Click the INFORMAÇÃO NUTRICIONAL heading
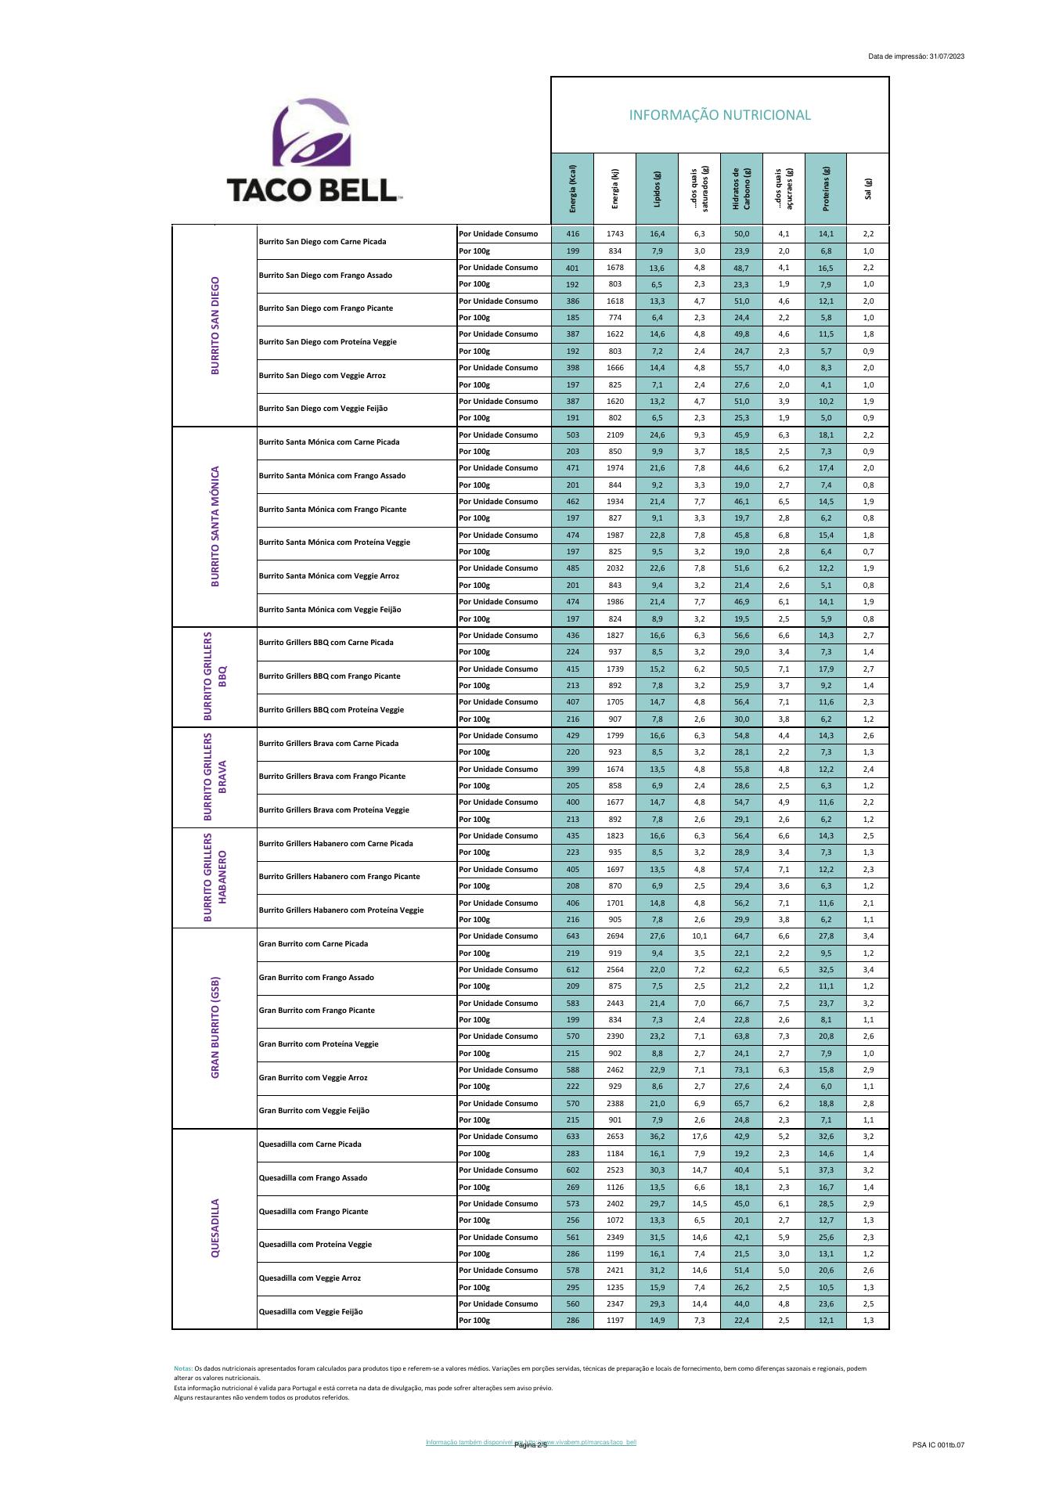719,116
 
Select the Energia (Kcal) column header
573,188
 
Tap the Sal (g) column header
867,189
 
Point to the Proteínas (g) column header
826,189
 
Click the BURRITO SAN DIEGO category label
215,325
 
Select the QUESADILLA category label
215,1227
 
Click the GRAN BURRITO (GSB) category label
215,1027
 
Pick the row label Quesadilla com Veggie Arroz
310,1278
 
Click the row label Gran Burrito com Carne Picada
313,943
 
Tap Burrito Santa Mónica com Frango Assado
332,475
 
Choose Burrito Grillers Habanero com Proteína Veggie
341,910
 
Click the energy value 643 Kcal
573,936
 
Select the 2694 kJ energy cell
615,936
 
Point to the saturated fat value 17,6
699,1137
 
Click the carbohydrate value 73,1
741,1070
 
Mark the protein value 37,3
826,1170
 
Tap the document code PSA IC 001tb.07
938,1444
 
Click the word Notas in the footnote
182,1368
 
